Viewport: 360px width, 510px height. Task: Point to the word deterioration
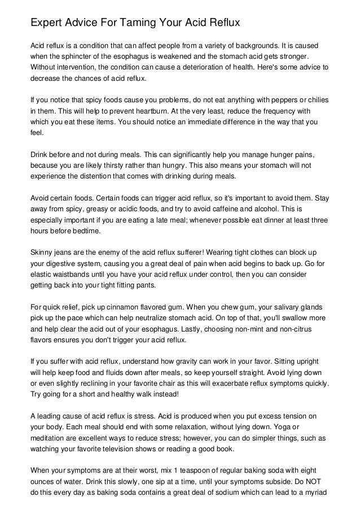point(213,67)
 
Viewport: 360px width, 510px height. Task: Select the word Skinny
point(40,252)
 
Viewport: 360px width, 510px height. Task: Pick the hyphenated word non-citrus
point(304,329)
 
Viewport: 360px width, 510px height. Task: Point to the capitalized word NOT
point(321,481)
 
